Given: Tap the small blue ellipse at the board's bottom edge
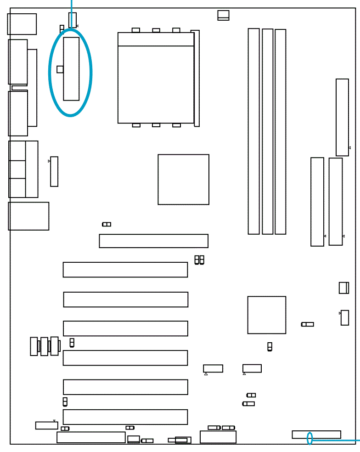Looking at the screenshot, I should click(x=310, y=438).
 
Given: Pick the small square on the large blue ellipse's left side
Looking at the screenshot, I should click(x=60, y=69).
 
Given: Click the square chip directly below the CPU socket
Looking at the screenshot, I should click(x=183, y=179).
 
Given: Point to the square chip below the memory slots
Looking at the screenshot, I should click(x=266, y=315).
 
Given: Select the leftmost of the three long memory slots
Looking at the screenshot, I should click(x=253, y=131).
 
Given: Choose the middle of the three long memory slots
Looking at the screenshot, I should click(x=267, y=131).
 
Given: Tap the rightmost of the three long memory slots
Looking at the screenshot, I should click(x=280, y=131).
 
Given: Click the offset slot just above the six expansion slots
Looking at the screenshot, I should click(x=153, y=241).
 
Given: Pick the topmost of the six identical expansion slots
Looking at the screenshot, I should click(x=125, y=270).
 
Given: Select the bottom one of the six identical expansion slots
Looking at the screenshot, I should click(x=125, y=417).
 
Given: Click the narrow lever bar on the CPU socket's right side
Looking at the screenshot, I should click(x=197, y=78).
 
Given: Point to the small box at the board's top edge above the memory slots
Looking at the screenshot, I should click(x=223, y=15).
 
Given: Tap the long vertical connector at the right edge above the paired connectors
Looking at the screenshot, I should click(x=342, y=117).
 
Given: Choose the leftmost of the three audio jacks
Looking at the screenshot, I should click(x=34, y=346).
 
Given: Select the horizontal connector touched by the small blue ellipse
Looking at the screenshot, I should click(x=321, y=435).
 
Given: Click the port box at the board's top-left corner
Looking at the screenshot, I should click(x=22, y=24).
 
